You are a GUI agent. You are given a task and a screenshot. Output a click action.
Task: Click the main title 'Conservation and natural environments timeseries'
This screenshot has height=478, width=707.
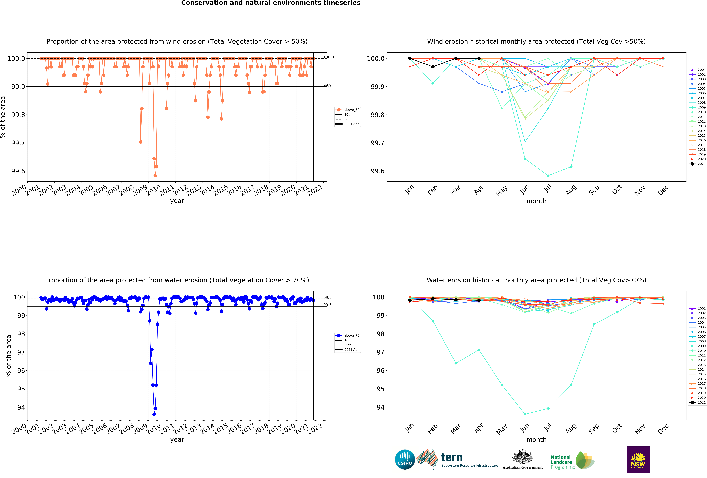click(270, 3)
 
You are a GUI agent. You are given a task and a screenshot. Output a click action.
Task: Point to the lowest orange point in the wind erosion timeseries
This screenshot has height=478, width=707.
click(155, 176)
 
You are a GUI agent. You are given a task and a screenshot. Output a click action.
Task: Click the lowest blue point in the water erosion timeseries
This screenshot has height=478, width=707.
click(154, 414)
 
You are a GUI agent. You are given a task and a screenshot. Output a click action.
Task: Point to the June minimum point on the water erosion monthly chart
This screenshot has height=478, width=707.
click(525, 414)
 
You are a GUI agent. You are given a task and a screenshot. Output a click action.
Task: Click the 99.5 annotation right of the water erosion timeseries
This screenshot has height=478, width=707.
click(327, 305)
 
